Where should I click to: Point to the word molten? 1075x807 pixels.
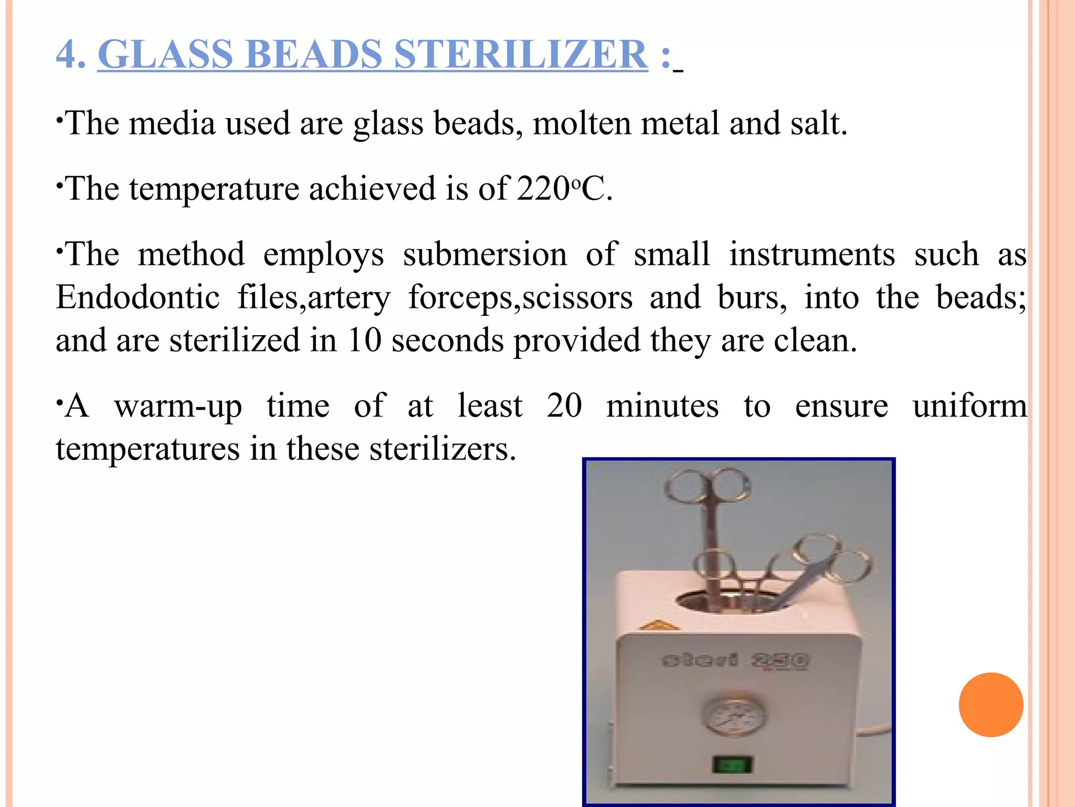pyautogui.click(x=582, y=123)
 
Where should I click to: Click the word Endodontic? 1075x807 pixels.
pyautogui.click(x=138, y=297)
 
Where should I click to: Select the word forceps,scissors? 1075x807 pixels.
pyautogui.click(x=520, y=298)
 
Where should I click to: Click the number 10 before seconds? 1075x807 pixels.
pyautogui.click(x=364, y=340)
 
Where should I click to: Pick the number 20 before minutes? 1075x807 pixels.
pyautogui.click(x=564, y=406)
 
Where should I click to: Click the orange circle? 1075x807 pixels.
pyautogui.click(x=990, y=705)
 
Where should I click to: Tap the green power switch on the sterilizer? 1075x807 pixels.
pyautogui.click(x=732, y=764)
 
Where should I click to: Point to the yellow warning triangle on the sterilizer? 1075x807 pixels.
pyautogui.click(x=660, y=625)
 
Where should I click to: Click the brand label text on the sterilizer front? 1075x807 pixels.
pyautogui.click(x=735, y=660)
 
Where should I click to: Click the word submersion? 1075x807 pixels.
pyautogui.click(x=485, y=255)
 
